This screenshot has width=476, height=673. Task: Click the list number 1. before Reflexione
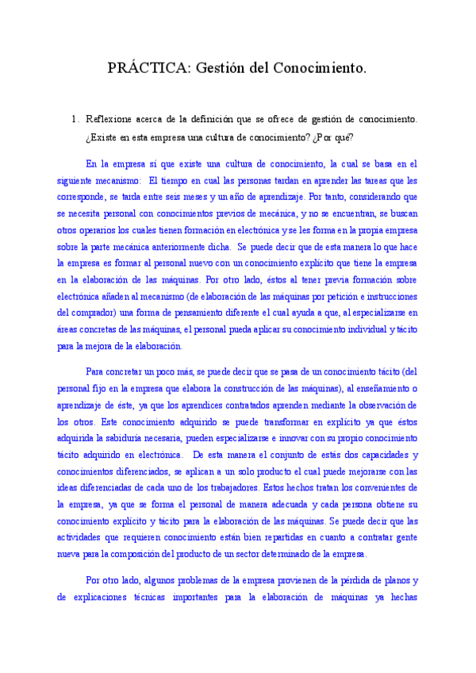coord(75,119)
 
